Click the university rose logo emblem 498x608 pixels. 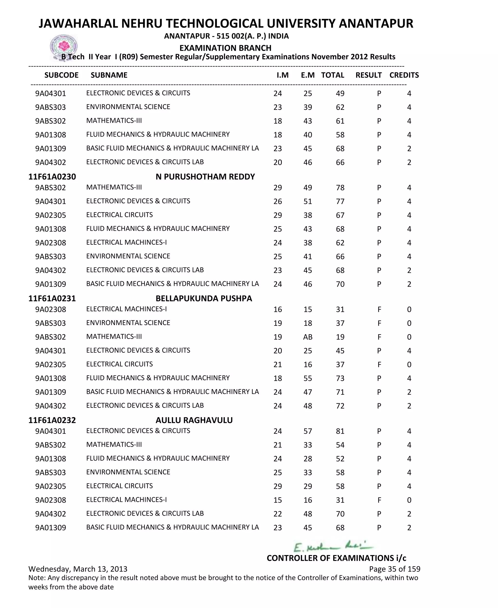pos(64,46)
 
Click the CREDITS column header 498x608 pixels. pos(404,75)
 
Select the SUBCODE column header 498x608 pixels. pos(61,75)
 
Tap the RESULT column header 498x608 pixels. pos(368,75)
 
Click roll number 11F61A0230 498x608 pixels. pos(52,177)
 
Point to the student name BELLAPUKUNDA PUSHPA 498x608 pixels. pos(204,299)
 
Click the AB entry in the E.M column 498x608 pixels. pos(308,337)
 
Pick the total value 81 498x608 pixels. pos(340,431)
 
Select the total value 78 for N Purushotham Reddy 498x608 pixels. pos(340,188)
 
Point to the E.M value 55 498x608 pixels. pos(308,378)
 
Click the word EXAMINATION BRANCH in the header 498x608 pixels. pos(225,48)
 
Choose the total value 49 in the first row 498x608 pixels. pos(340,94)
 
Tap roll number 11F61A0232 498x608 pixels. pos(52,420)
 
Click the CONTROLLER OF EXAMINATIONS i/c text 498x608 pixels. pos(336,558)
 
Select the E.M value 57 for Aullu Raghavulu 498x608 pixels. pos(308,431)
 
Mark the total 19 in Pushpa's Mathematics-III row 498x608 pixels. pos(340,337)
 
